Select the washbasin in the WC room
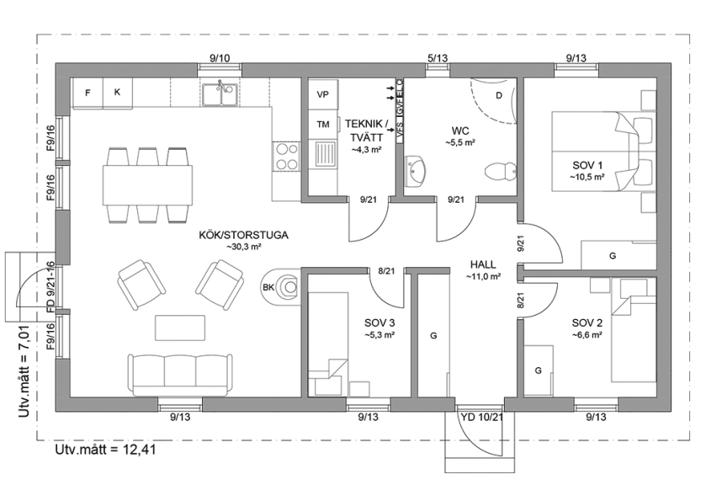417,171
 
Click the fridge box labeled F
88,93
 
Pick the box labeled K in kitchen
118,93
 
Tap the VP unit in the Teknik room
322,95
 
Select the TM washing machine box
322,124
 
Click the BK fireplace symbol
283,287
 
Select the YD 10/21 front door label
482,417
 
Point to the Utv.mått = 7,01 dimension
24,363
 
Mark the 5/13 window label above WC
437,57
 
